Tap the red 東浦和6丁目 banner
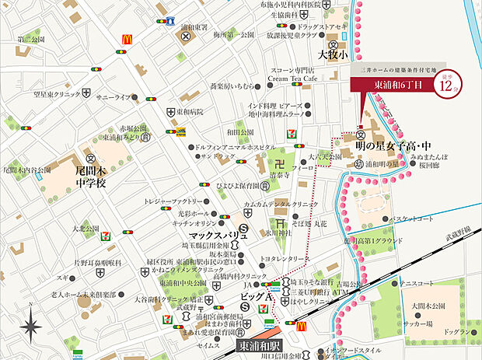coord(400,83)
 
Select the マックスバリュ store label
coord(213,232)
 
